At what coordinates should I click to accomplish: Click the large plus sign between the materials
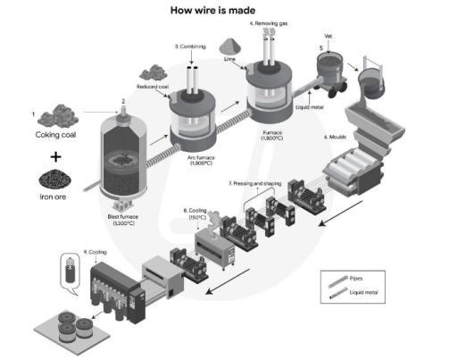pos(55,156)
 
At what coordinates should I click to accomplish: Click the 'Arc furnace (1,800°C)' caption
pos(204,161)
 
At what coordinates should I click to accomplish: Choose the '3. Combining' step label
pos(191,46)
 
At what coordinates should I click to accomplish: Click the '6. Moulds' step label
pos(338,138)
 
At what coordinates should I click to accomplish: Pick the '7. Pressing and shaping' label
pos(254,182)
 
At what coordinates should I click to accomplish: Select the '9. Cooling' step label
pos(94,253)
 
